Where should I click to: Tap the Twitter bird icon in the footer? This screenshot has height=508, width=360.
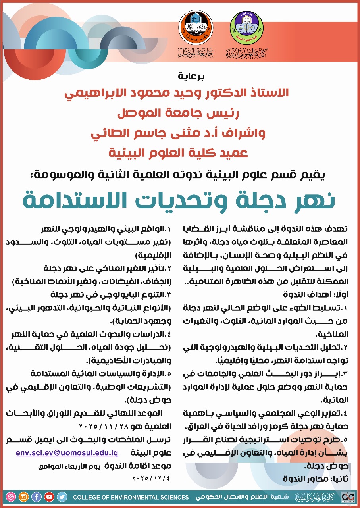(x=62, y=496)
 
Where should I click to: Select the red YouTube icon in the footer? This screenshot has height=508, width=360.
(x=49, y=496)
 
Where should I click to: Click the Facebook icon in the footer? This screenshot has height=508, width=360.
(x=37, y=496)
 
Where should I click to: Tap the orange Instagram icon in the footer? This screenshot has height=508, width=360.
(x=24, y=496)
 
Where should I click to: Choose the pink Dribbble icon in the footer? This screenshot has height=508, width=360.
(x=11, y=496)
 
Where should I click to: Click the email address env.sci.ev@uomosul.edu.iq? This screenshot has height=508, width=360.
(x=67, y=453)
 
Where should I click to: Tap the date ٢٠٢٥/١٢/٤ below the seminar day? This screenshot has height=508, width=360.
(x=152, y=478)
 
